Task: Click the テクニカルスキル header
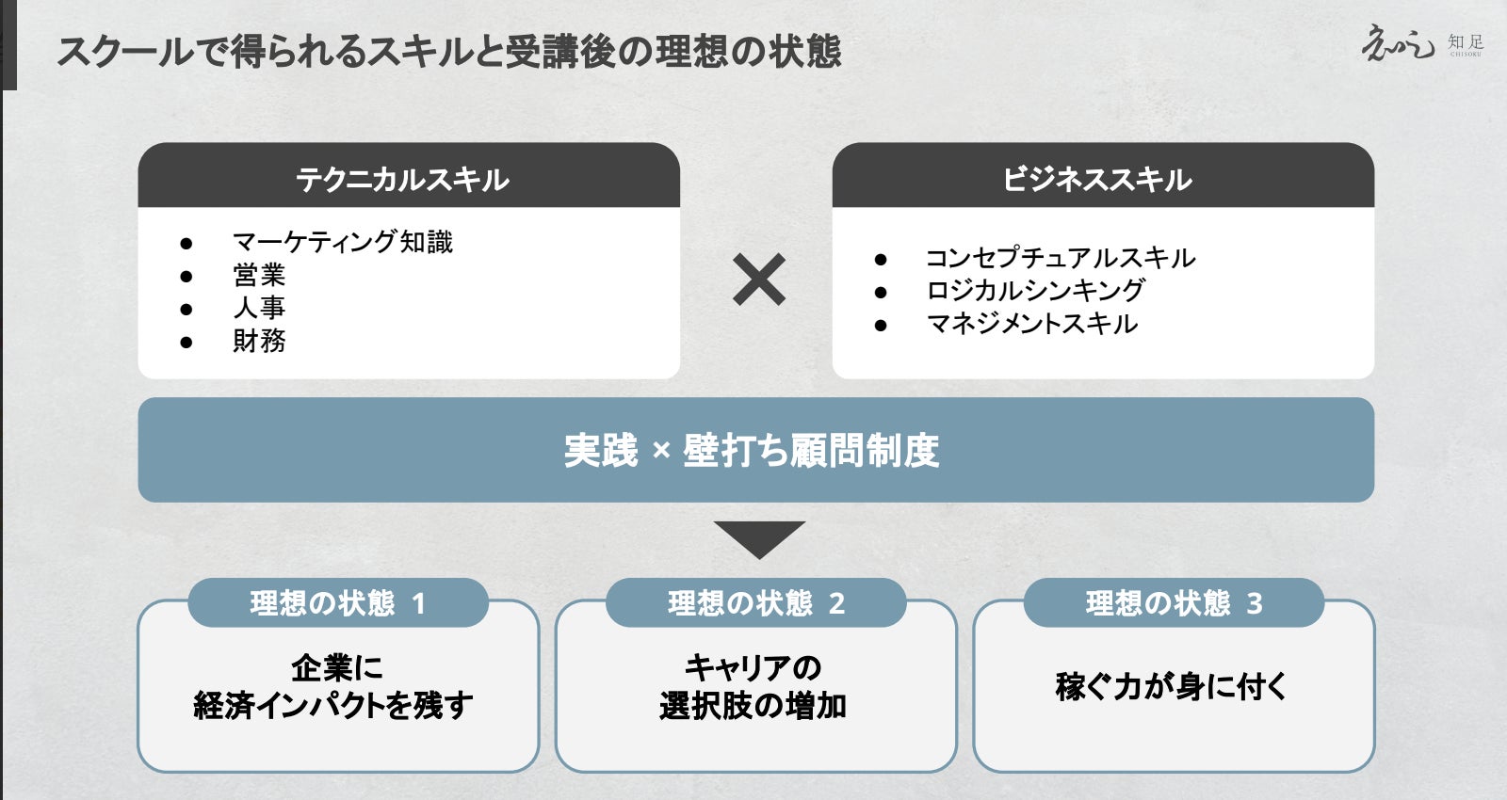coord(402,179)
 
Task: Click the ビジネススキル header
coord(1097,179)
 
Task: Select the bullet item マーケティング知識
coord(342,242)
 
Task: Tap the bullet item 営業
coord(259,275)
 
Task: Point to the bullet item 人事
coord(259,308)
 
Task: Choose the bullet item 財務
coord(259,341)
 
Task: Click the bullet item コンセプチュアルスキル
coord(1060,258)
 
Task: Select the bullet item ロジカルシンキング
coord(1035,291)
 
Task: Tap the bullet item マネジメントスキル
coord(1032,324)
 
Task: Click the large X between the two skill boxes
coord(758,280)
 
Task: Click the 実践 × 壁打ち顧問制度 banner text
coord(751,451)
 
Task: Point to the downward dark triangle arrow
coord(758,537)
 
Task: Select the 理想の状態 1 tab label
coord(337,603)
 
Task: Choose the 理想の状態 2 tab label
coord(755,603)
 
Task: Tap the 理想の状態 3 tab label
coord(1174,603)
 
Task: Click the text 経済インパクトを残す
coord(333,705)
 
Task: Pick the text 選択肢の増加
coord(753,705)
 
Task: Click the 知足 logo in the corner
coord(1421,44)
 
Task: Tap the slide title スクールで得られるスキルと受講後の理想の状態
coord(448,51)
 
